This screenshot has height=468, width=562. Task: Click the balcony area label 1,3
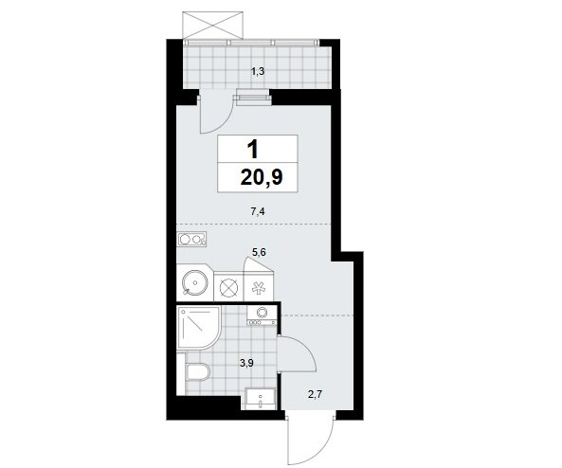click(x=258, y=72)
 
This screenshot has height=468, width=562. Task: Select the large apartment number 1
click(x=253, y=149)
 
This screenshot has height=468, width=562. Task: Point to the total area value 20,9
click(x=262, y=177)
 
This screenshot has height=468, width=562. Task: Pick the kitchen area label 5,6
click(x=259, y=253)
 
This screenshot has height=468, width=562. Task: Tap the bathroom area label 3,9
click(x=246, y=364)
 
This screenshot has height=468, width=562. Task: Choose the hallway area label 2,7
click(x=316, y=395)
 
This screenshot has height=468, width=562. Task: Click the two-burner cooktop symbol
click(x=191, y=239)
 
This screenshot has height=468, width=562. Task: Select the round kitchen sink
click(x=194, y=282)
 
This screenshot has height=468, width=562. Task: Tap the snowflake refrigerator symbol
click(x=258, y=288)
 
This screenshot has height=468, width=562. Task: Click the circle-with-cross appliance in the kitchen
click(x=228, y=288)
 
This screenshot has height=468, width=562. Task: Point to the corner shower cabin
click(x=199, y=328)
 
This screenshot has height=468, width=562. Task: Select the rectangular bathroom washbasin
click(x=261, y=399)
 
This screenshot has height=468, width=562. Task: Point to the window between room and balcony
click(x=251, y=98)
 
